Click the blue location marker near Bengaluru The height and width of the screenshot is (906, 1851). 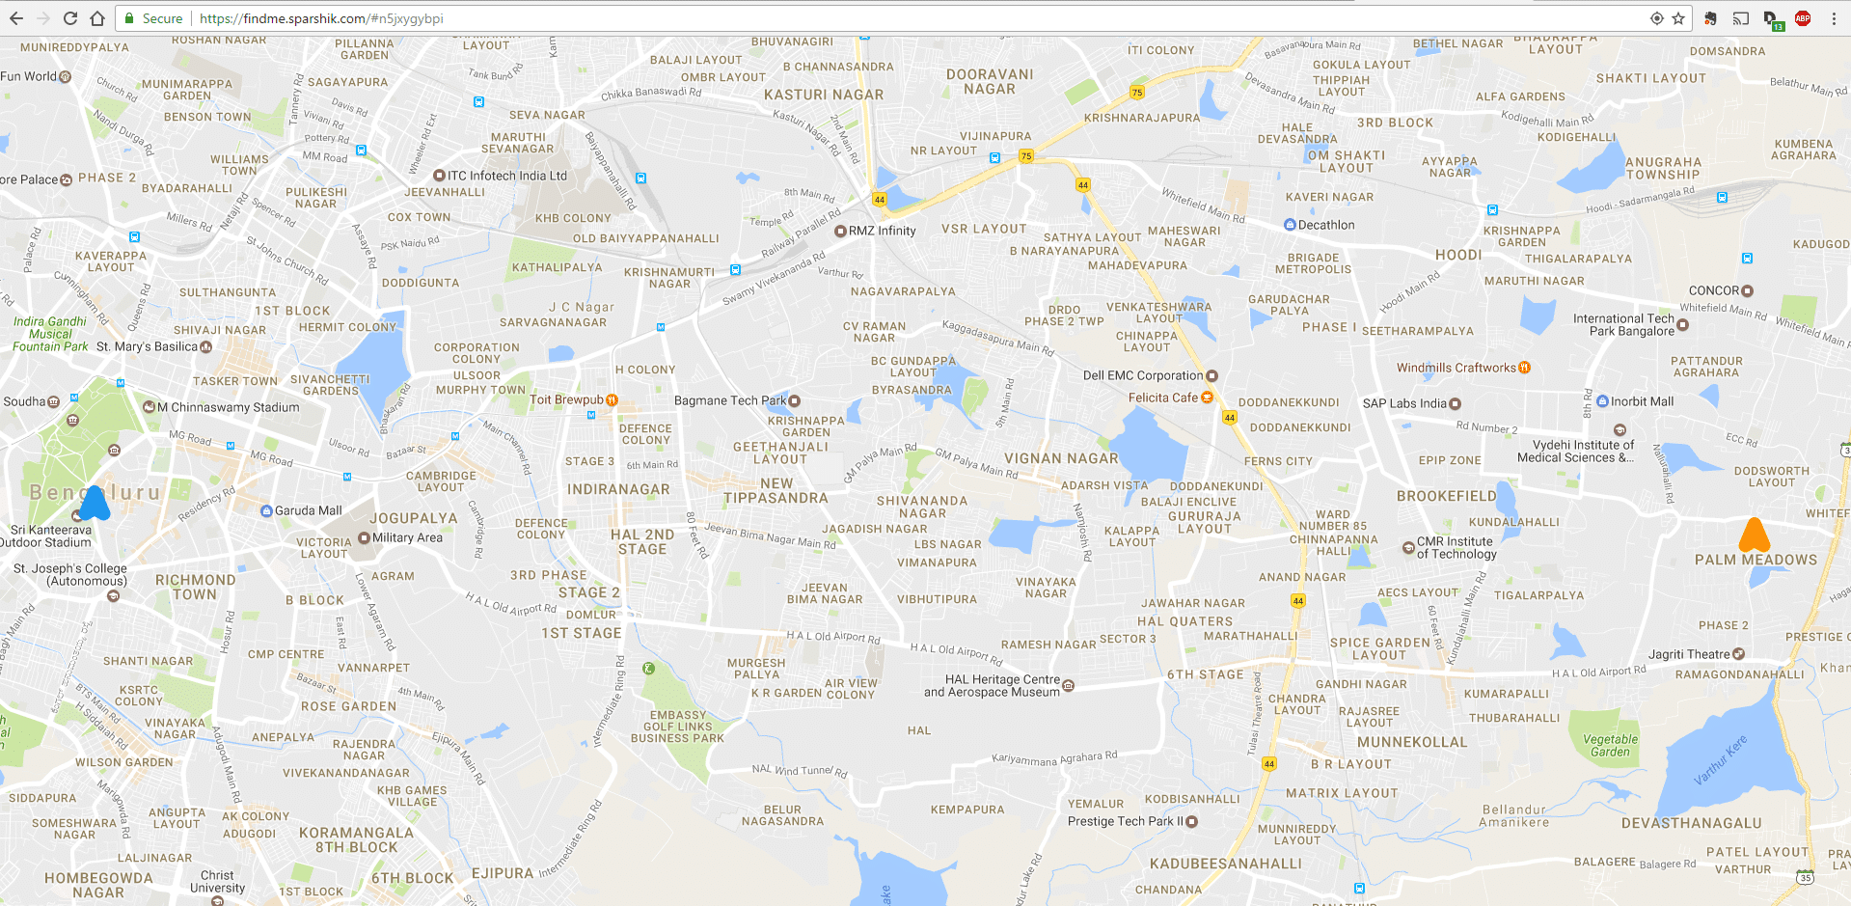pyautogui.click(x=95, y=504)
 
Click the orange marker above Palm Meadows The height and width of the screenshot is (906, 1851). pyautogui.click(x=1754, y=535)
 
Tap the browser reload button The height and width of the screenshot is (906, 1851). pyautogui.click(x=69, y=18)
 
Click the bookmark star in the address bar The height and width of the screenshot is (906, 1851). pyautogui.click(x=1678, y=18)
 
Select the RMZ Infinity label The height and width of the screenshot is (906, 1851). pyautogui.click(x=882, y=231)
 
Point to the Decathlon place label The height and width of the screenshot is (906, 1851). pyautogui.click(x=1325, y=225)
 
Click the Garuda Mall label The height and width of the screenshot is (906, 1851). pyautogui.click(x=308, y=510)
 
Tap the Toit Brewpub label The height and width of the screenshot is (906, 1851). pyautogui.click(x=566, y=399)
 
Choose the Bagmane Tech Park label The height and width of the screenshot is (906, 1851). pyautogui.click(x=730, y=400)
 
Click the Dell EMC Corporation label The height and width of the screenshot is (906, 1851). pyautogui.click(x=1143, y=375)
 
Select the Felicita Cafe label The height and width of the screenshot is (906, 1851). pyautogui.click(x=1163, y=398)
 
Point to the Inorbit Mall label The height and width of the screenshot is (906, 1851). pyautogui.click(x=1642, y=401)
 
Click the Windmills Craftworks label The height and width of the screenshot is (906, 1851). pyautogui.click(x=1456, y=368)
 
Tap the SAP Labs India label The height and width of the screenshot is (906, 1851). pyautogui.click(x=1404, y=403)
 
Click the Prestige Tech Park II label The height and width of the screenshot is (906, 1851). pyautogui.click(x=1126, y=821)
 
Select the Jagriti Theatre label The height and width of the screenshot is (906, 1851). pyautogui.click(x=1689, y=654)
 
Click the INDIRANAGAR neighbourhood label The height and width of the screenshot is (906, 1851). pyautogui.click(x=618, y=489)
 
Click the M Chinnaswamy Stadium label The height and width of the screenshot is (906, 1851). pyautogui.click(x=228, y=407)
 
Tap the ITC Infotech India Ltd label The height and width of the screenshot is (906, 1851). pyautogui.click(x=506, y=176)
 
